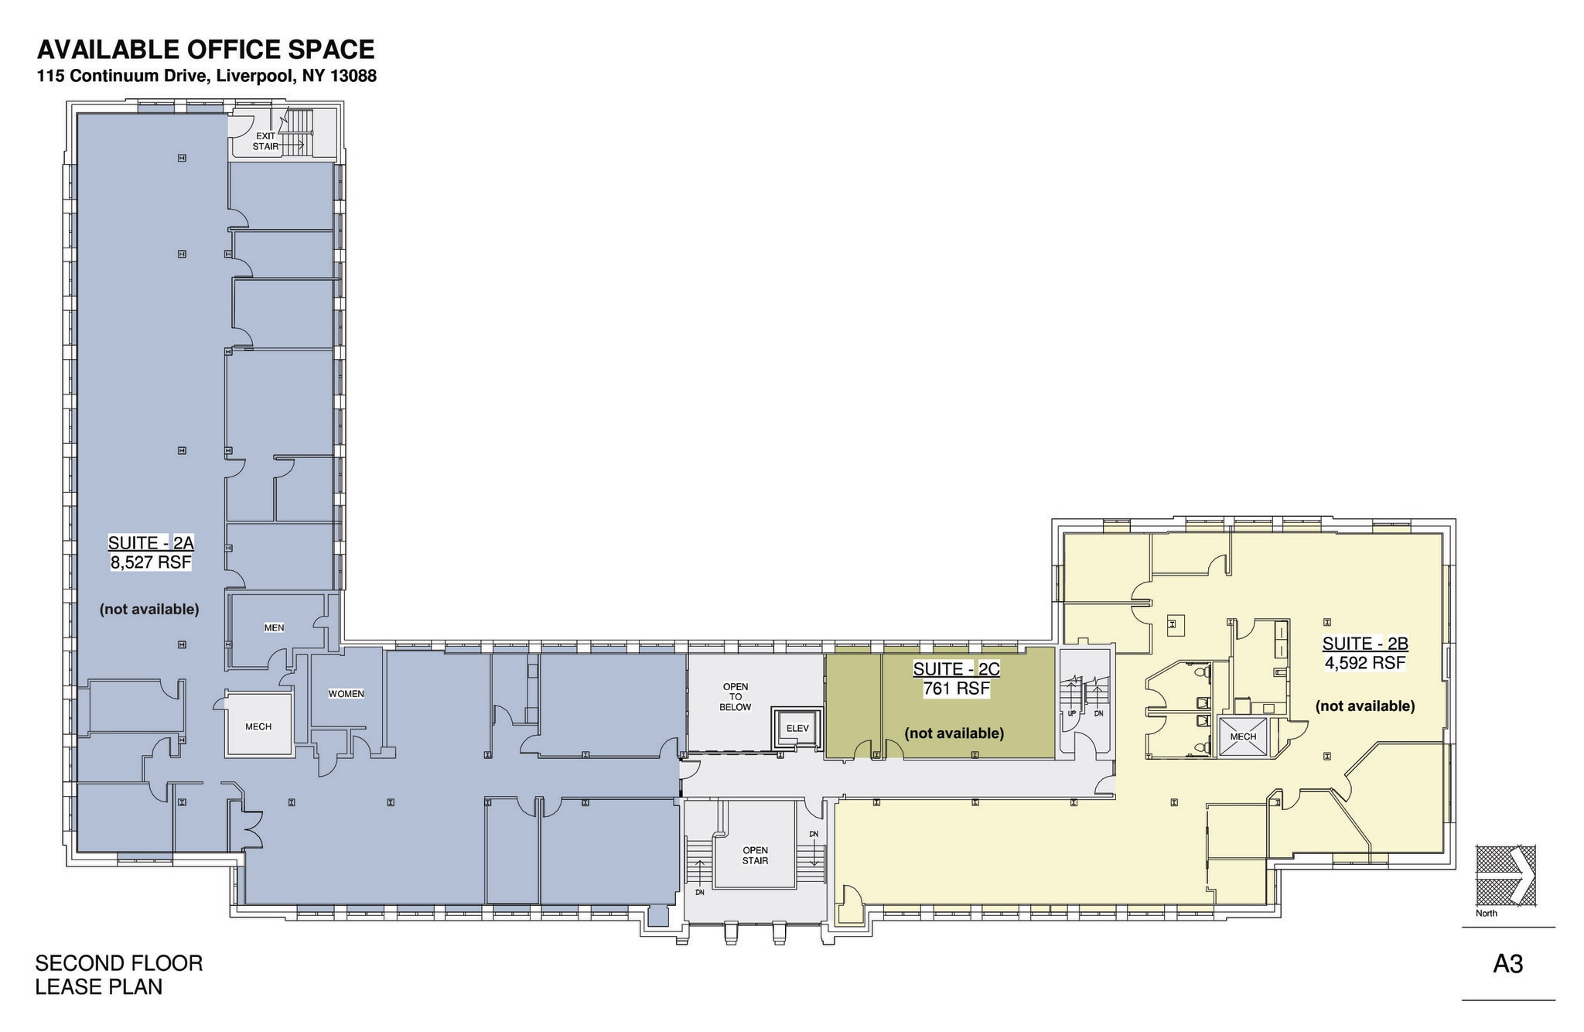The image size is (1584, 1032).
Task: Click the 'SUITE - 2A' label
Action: coord(151,543)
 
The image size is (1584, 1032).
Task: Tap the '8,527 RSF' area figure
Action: coord(151,562)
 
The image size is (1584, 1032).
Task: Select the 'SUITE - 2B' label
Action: coord(1365,644)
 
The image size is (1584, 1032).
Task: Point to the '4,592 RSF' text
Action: coord(1365,663)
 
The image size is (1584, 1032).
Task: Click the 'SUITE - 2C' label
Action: coord(956,669)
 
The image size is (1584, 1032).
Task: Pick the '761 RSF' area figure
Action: coord(956,689)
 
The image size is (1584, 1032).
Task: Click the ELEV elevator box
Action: coord(797,728)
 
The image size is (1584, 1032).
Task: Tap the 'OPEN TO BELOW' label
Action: coord(735,696)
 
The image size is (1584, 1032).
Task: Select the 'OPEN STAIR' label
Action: coord(755,855)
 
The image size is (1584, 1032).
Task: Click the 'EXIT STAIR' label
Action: coord(265,141)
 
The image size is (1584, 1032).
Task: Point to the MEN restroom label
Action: coord(274,627)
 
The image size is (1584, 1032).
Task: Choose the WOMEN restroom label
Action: coord(346,694)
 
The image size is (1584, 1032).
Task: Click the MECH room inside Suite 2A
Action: coord(258,726)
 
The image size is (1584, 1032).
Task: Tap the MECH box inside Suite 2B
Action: coord(1243,736)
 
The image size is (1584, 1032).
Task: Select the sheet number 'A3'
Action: coord(1507,965)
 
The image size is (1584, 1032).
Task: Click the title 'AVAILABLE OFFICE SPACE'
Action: coord(206,50)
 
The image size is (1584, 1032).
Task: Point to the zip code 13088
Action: coord(353,77)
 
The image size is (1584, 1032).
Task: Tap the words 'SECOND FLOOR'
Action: coord(119,963)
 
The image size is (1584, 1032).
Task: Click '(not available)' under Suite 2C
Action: coord(954,733)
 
